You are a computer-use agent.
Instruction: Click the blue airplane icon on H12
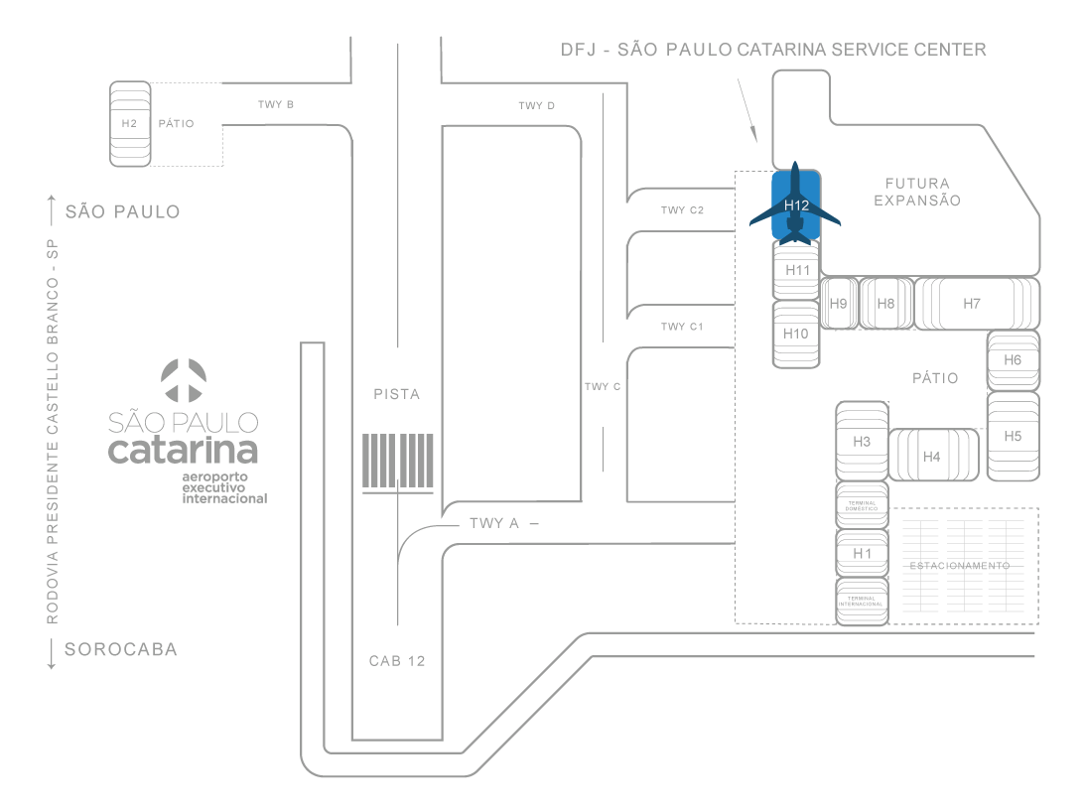pyautogui.click(x=795, y=203)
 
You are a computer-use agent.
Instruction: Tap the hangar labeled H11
pyautogui.click(x=797, y=270)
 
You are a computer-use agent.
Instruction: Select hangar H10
pyautogui.click(x=796, y=334)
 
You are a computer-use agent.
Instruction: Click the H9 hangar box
pyautogui.click(x=839, y=304)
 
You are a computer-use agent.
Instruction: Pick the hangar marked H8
pyautogui.click(x=886, y=304)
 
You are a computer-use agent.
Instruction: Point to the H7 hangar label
pyautogui.click(x=972, y=304)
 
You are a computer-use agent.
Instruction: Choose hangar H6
pyautogui.click(x=1013, y=360)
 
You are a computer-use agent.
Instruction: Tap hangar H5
pyautogui.click(x=1013, y=435)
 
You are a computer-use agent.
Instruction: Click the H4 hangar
pyautogui.click(x=931, y=457)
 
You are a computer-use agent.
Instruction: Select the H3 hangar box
pyautogui.click(x=862, y=441)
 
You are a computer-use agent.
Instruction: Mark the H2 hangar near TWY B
pyautogui.click(x=129, y=123)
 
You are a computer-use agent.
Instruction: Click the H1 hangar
pyautogui.click(x=862, y=553)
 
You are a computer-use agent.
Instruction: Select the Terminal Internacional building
pyautogui.click(x=862, y=601)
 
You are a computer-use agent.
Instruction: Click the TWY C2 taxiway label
pyautogui.click(x=682, y=210)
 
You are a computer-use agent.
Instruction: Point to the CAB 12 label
pyautogui.click(x=397, y=661)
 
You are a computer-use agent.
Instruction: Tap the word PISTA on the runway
pyautogui.click(x=397, y=394)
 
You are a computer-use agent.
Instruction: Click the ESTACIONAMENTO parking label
pyautogui.click(x=959, y=566)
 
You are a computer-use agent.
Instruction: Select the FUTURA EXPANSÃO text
pyautogui.click(x=917, y=192)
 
